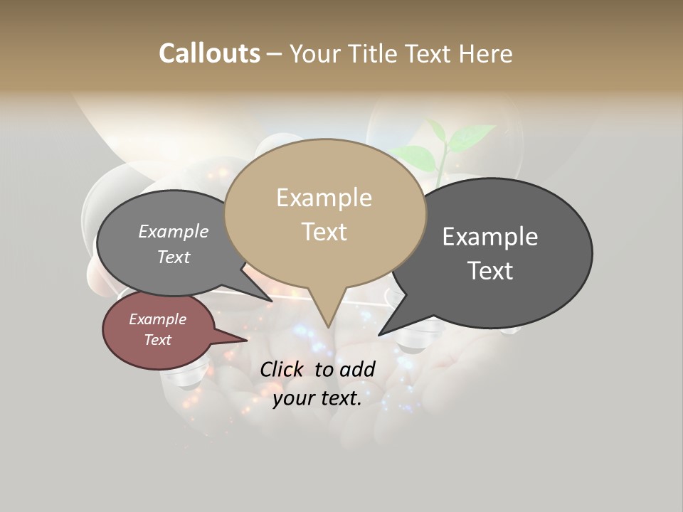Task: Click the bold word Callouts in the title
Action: pos(209,53)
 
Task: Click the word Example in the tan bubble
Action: pos(324,198)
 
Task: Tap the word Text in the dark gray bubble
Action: pos(490,271)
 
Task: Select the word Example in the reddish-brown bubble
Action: pos(158,319)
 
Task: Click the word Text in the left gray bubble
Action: pos(174,257)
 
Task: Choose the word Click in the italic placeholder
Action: pos(281,369)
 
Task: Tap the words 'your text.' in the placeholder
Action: pos(317,398)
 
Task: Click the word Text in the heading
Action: pos(429,53)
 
